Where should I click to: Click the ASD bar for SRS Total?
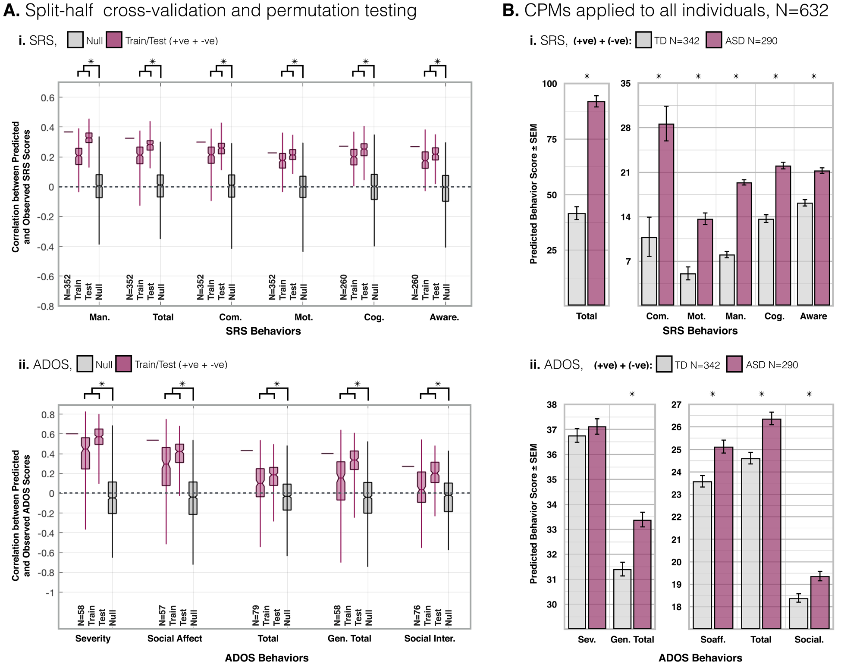[x=596, y=203]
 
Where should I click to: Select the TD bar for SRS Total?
[x=577, y=259]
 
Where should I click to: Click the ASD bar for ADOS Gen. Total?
[x=642, y=573]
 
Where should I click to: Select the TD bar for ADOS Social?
[x=798, y=613]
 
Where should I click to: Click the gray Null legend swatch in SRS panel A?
[x=75, y=40]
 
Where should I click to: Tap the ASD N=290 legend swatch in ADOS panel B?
[x=734, y=364]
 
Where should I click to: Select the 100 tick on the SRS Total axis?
[x=549, y=84]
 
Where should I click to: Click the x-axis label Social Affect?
[x=175, y=639]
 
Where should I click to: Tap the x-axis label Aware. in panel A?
[x=444, y=317]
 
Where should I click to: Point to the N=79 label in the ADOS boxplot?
[x=256, y=615]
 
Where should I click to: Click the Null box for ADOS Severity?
[x=112, y=498]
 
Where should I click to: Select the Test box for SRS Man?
[x=89, y=138]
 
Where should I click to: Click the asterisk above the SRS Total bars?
[x=587, y=76]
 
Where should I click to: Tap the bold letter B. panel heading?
[x=511, y=10]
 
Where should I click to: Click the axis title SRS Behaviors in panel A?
[x=263, y=331]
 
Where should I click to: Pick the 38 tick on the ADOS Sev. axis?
[x=552, y=405]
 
